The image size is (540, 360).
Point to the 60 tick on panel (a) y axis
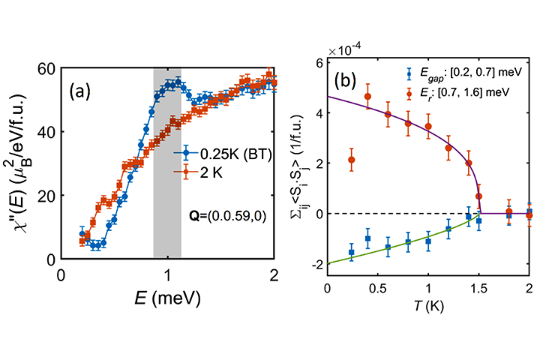(46, 67)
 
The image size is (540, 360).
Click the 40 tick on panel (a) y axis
(46, 131)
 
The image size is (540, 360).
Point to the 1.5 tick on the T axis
(478, 289)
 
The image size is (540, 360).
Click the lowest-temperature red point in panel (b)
(352, 159)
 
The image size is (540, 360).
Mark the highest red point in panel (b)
(367, 96)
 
